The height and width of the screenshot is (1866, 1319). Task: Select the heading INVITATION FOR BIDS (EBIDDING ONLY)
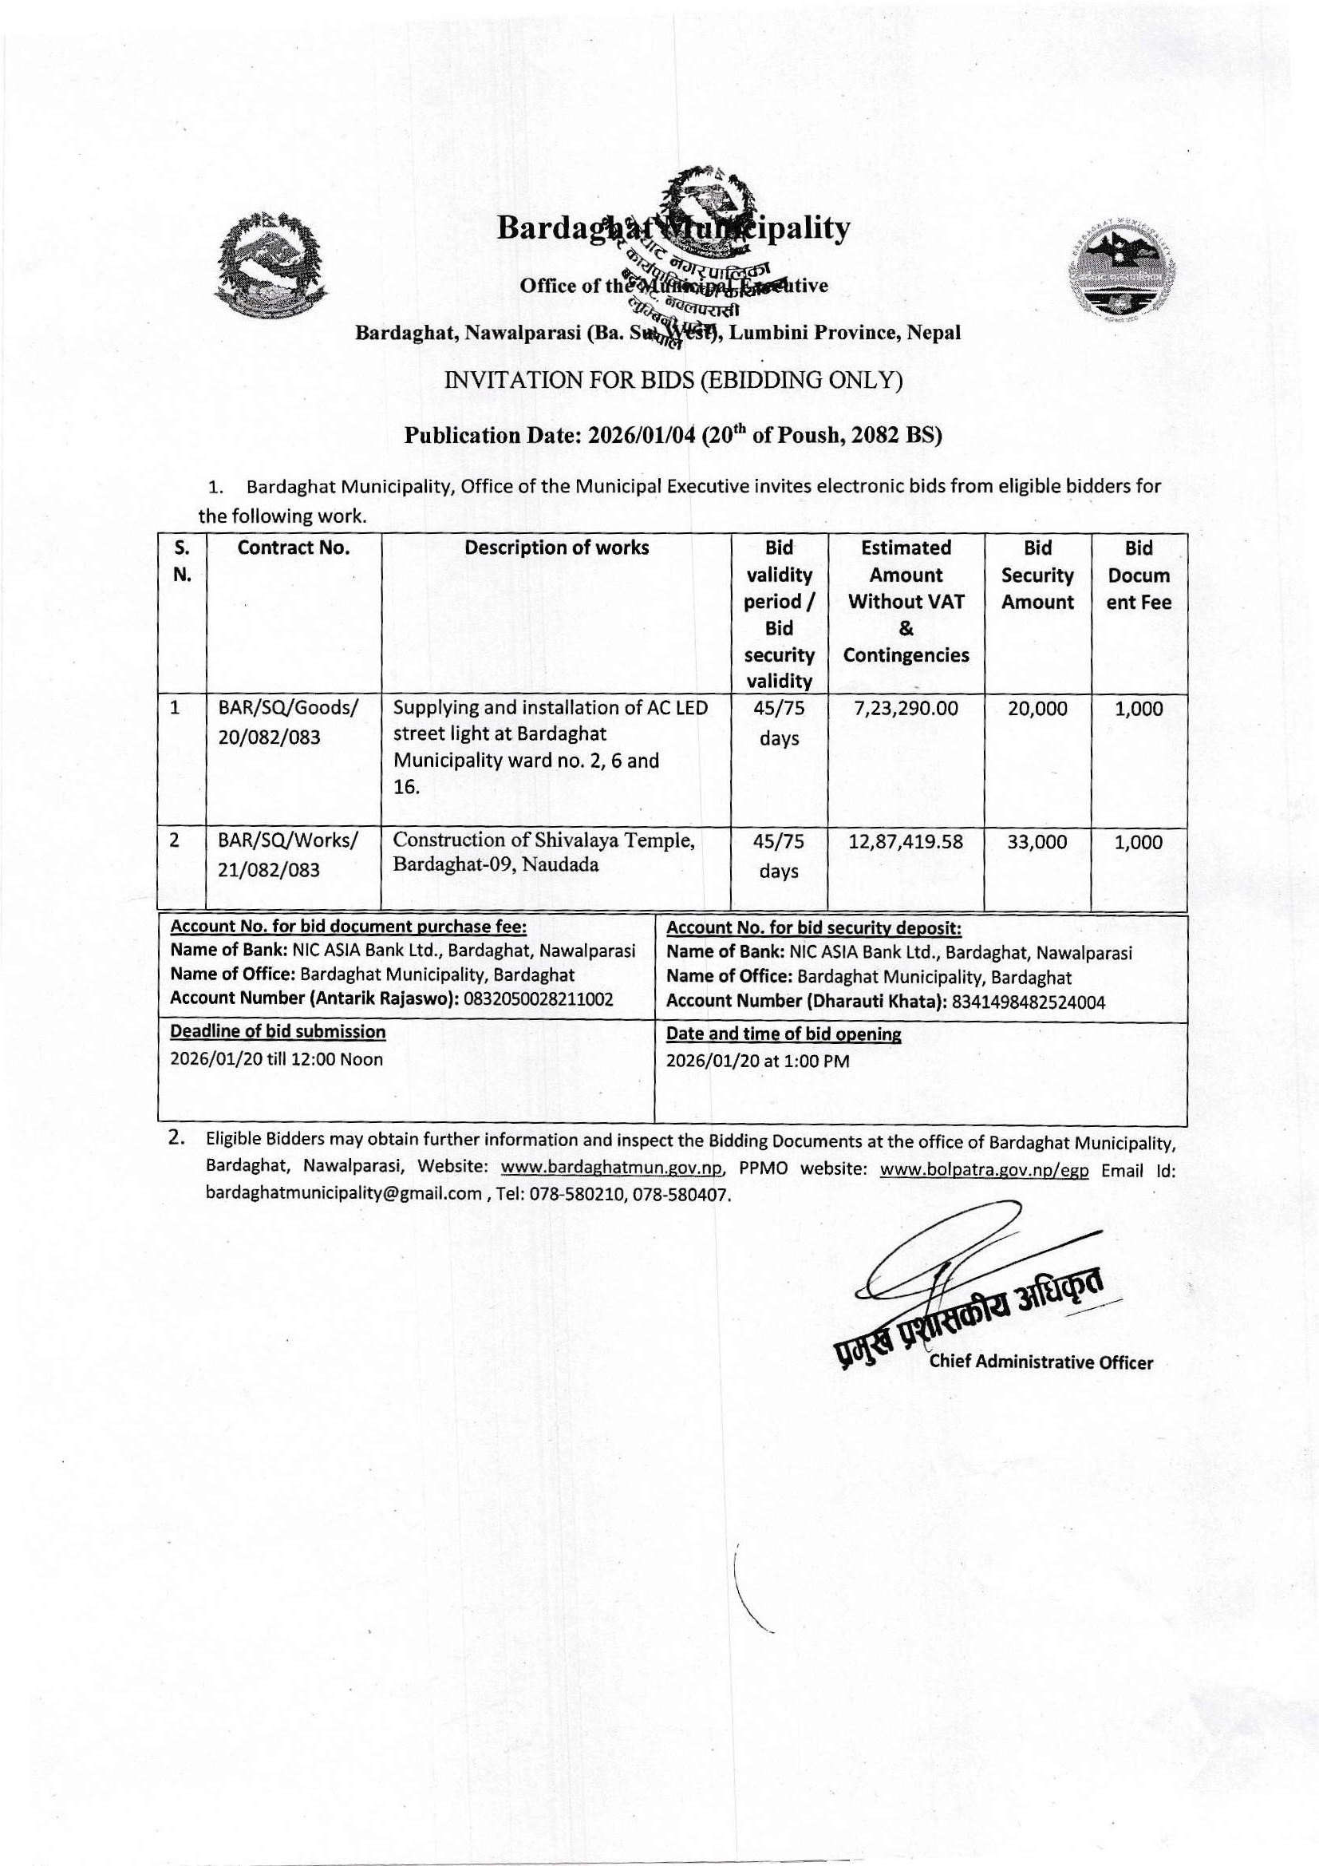(673, 382)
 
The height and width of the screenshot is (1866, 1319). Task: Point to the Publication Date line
(673, 435)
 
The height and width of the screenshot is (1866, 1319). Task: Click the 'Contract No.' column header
(294, 548)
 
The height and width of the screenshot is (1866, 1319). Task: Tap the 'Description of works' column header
(557, 548)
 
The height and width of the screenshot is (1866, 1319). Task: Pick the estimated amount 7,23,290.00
(906, 709)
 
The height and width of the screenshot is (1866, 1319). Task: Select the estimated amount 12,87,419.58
(906, 842)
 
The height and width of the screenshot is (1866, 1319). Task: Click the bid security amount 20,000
(1037, 709)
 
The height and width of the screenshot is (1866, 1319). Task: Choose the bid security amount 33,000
(1037, 842)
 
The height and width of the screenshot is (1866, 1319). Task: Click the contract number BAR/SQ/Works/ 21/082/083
(288, 855)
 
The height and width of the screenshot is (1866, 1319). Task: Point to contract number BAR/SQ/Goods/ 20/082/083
(288, 722)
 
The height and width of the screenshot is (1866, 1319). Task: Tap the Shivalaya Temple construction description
(543, 852)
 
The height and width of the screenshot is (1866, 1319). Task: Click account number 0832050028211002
(538, 999)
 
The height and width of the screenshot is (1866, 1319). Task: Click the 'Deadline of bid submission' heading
(278, 1032)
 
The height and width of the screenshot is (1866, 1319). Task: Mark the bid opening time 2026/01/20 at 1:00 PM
(757, 1061)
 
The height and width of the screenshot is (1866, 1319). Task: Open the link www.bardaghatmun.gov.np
(612, 1168)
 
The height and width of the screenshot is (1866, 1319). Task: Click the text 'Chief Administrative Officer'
(1041, 1363)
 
